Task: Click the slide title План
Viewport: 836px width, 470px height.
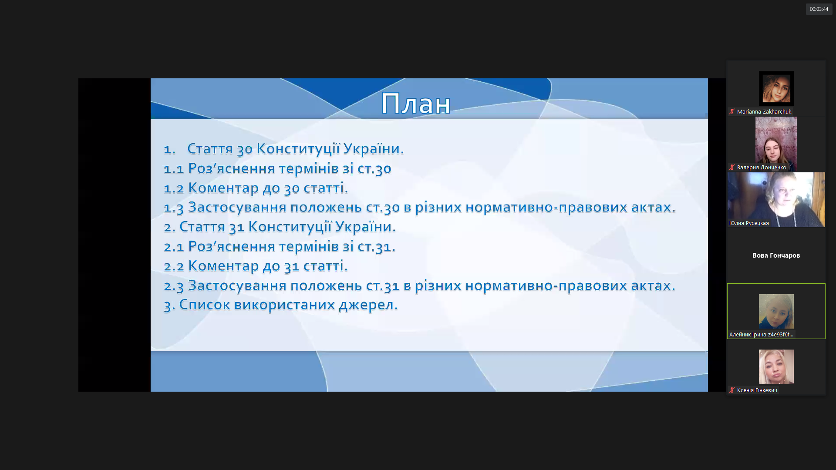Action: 416,104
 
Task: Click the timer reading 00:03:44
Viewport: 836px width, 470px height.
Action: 819,9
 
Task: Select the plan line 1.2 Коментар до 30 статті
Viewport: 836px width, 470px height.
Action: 256,188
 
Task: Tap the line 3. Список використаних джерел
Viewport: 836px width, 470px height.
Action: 280,305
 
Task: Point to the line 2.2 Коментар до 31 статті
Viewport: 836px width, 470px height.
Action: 256,266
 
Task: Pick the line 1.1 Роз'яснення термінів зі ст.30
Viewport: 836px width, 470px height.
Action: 277,168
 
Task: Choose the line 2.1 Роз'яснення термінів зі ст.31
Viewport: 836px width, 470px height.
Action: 280,246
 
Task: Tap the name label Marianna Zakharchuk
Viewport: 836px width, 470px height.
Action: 764,112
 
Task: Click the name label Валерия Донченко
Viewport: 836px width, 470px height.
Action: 761,168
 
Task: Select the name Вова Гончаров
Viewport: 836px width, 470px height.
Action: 776,255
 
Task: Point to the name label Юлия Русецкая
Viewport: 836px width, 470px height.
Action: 749,223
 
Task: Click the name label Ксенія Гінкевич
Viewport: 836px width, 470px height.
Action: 757,390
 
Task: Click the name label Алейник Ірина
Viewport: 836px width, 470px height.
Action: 761,335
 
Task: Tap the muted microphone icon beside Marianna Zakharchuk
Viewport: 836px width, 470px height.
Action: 732,112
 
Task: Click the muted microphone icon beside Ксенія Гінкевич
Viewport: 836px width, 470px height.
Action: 732,390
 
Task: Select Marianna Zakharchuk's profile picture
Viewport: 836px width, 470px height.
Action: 776,88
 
